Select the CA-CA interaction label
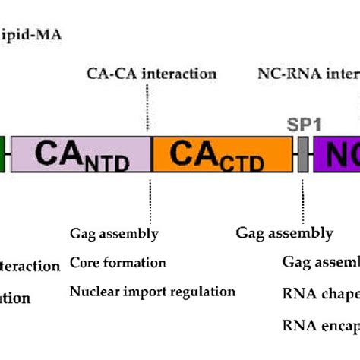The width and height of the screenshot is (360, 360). [152, 74]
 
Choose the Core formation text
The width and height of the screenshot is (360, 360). [118, 263]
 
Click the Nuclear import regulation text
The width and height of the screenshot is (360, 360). [152, 291]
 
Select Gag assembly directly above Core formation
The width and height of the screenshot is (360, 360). [114, 233]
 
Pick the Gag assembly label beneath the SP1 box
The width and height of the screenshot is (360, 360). [285, 233]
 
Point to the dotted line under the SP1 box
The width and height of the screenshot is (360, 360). [302, 197]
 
